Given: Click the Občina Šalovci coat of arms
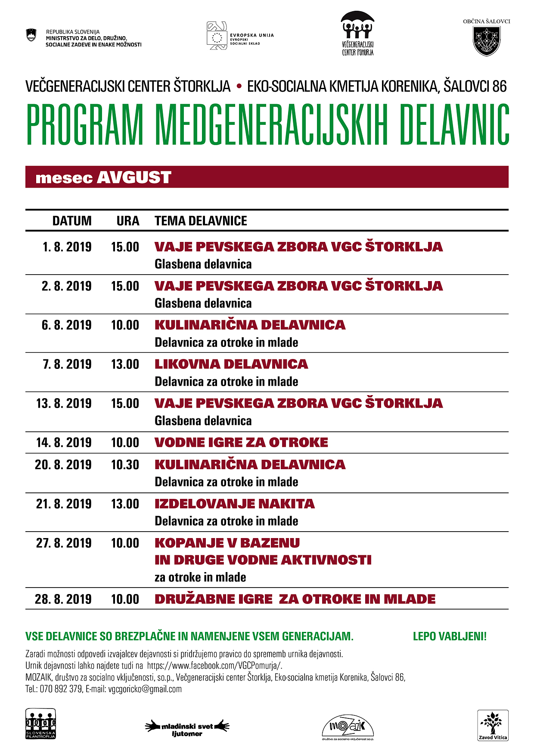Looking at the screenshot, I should (487, 41).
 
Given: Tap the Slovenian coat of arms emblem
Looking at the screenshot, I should (31, 35).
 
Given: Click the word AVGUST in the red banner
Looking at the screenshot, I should (134, 177).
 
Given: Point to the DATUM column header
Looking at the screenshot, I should (72, 221).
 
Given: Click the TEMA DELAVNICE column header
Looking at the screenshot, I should (201, 221).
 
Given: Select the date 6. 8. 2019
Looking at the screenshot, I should (67, 325).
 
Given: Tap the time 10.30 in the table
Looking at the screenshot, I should (125, 465).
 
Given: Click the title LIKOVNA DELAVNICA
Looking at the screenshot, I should (231, 364).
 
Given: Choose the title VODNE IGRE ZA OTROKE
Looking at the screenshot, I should (241, 442).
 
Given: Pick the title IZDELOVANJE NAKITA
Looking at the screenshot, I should (235, 504).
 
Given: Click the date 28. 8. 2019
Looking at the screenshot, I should (63, 599).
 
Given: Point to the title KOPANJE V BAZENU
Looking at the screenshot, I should (227, 543).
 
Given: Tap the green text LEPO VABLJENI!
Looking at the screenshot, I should (450, 636).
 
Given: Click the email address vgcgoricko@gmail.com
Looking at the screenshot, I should (145, 689).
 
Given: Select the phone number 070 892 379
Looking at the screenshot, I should (61, 689).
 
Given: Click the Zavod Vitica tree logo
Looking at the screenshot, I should (493, 725).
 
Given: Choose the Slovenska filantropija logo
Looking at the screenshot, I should (40, 724).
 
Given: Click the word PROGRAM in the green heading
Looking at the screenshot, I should (85, 125).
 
